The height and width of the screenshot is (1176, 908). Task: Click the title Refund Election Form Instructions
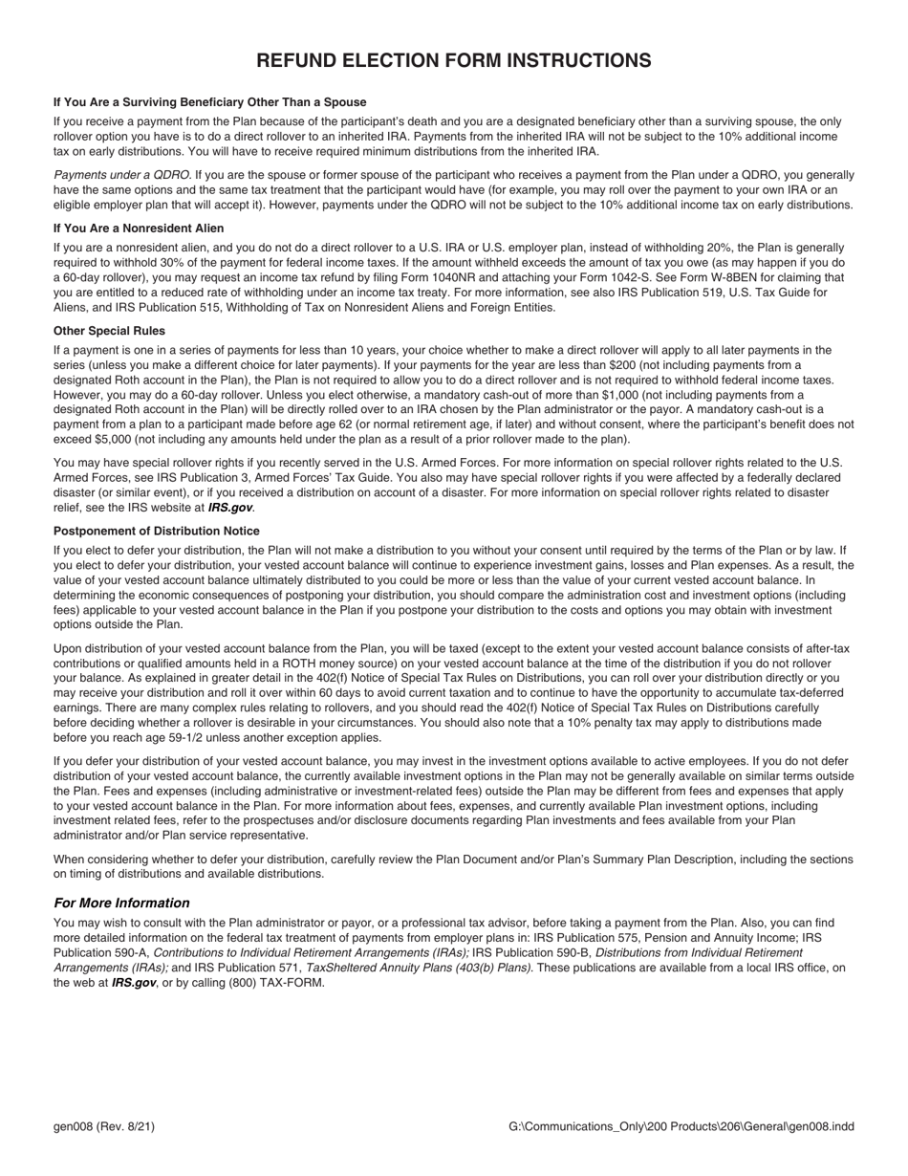(454, 61)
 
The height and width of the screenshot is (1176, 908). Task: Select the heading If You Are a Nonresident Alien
(139, 229)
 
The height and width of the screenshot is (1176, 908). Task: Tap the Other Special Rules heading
(109, 331)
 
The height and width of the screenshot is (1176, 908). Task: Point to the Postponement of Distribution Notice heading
(157, 531)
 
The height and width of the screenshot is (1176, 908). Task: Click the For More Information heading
(121, 903)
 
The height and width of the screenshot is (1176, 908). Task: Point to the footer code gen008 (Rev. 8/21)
(104, 1127)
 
